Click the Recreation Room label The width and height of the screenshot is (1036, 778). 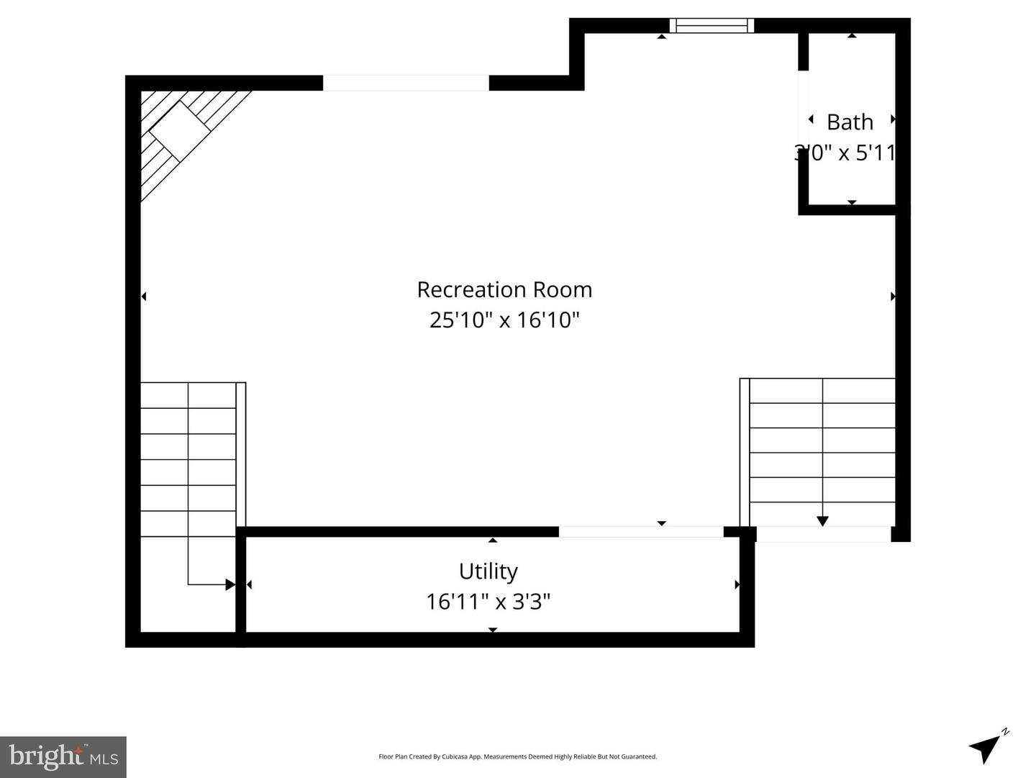(x=504, y=289)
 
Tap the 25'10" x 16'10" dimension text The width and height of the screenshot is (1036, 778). (x=504, y=320)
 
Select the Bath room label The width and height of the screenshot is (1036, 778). (x=850, y=122)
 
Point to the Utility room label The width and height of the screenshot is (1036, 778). (x=488, y=571)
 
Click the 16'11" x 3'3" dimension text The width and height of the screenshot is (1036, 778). (x=488, y=601)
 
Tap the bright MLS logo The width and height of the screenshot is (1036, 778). (x=63, y=756)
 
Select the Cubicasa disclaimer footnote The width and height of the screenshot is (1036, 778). (x=517, y=756)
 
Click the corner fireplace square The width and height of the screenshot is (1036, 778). (x=178, y=130)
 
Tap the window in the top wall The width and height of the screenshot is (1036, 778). (x=712, y=26)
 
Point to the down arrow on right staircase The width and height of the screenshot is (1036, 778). (x=822, y=520)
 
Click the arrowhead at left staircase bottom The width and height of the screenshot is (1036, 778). (x=230, y=584)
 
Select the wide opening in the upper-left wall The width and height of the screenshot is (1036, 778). (x=406, y=83)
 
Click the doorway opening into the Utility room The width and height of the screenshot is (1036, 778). (x=641, y=532)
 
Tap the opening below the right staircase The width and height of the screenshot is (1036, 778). (x=823, y=534)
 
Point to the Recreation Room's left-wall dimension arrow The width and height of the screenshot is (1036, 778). (x=144, y=296)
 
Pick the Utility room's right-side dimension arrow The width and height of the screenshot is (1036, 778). (x=736, y=584)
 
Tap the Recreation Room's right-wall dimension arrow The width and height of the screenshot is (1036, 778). (x=893, y=296)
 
